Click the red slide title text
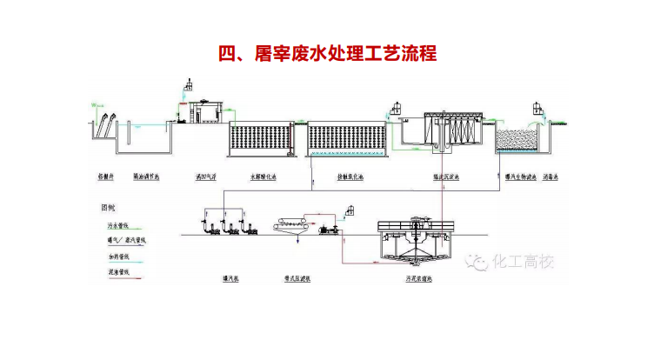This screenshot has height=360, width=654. [x=326, y=53]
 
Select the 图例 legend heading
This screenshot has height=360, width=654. [x=109, y=208]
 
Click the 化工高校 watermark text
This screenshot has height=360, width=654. [x=522, y=260]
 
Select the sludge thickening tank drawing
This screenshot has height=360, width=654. [x=416, y=243]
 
